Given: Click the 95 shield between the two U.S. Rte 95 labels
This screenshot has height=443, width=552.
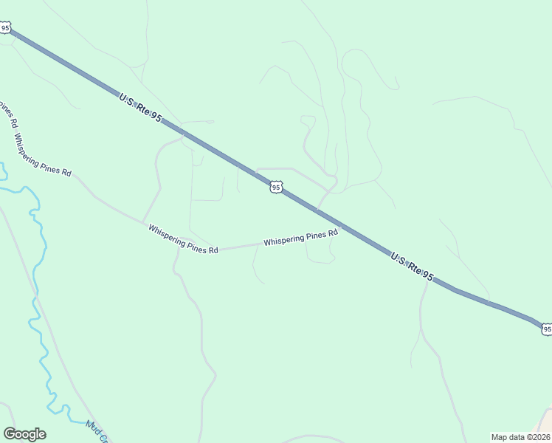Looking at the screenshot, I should [275, 188].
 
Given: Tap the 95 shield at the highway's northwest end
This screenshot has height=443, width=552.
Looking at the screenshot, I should [6, 28].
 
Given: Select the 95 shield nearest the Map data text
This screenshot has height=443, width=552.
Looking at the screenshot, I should [546, 329].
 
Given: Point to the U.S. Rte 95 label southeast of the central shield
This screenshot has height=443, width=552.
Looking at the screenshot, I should [412, 266].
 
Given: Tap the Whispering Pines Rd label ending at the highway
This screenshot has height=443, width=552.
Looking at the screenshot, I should [300, 238].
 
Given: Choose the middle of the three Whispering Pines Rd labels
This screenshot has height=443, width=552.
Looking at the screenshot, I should [183, 240].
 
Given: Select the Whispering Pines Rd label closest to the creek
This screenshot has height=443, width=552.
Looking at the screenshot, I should [42, 155].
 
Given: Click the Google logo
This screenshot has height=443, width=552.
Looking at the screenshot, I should [24, 434].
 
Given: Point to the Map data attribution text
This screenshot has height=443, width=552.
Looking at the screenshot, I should [521, 436].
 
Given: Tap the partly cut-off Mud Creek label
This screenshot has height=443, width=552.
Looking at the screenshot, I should [97, 431].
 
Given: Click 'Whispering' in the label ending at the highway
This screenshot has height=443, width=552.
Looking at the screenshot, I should [283, 240].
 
